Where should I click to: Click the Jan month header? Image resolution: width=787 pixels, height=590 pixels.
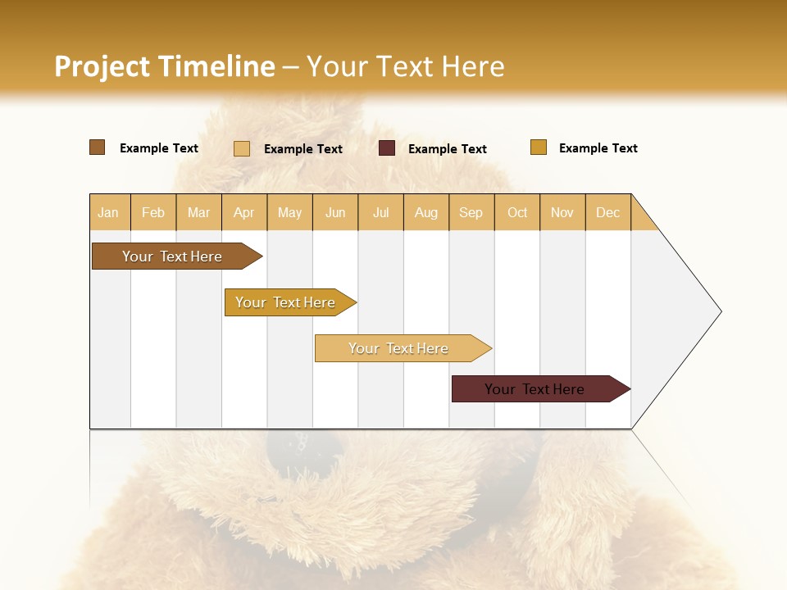point(109,212)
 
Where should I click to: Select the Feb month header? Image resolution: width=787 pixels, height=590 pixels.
point(153,212)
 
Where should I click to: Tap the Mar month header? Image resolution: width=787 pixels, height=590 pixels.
point(198,212)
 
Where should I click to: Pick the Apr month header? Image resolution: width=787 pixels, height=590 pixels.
point(244,212)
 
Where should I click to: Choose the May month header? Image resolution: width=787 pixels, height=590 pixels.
point(289,212)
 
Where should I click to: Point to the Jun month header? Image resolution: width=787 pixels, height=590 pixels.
point(335,212)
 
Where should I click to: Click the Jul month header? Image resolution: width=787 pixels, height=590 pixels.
point(380,212)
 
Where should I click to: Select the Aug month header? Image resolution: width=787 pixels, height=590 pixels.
point(426,212)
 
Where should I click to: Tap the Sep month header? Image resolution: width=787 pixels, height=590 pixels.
point(471,212)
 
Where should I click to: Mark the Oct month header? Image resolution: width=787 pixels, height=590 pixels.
point(517,212)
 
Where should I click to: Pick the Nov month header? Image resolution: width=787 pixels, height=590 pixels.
point(562,212)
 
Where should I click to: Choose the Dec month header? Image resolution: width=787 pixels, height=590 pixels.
point(608,212)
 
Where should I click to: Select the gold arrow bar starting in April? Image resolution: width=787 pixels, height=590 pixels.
point(286,302)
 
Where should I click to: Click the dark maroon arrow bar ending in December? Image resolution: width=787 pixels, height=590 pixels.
point(535,389)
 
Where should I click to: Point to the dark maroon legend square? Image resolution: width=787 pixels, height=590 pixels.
point(387,148)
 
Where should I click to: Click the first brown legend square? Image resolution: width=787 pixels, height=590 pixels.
point(98,147)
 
